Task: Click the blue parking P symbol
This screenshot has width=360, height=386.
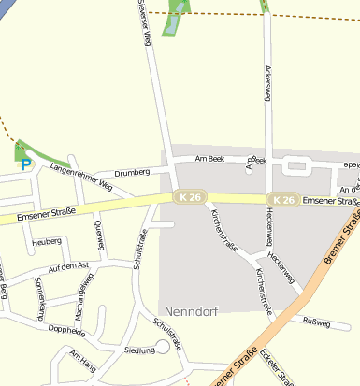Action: pyautogui.click(x=25, y=164)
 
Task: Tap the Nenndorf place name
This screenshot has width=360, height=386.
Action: pyautogui.click(x=193, y=310)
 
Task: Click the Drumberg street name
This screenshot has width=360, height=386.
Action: pyautogui.click(x=132, y=173)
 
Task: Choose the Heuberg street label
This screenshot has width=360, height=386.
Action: pyautogui.click(x=46, y=241)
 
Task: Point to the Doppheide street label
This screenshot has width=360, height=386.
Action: pyautogui.click(x=65, y=331)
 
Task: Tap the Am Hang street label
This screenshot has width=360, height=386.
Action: pyautogui.click(x=83, y=360)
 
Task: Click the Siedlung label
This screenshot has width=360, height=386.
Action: pyautogui.click(x=139, y=350)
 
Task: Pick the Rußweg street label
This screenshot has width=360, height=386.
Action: pyautogui.click(x=318, y=321)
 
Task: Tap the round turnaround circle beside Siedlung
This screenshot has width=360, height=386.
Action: pyautogui.click(x=163, y=347)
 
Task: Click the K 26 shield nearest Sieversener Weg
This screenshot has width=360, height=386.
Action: pyautogui.click(x=185, y=196)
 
